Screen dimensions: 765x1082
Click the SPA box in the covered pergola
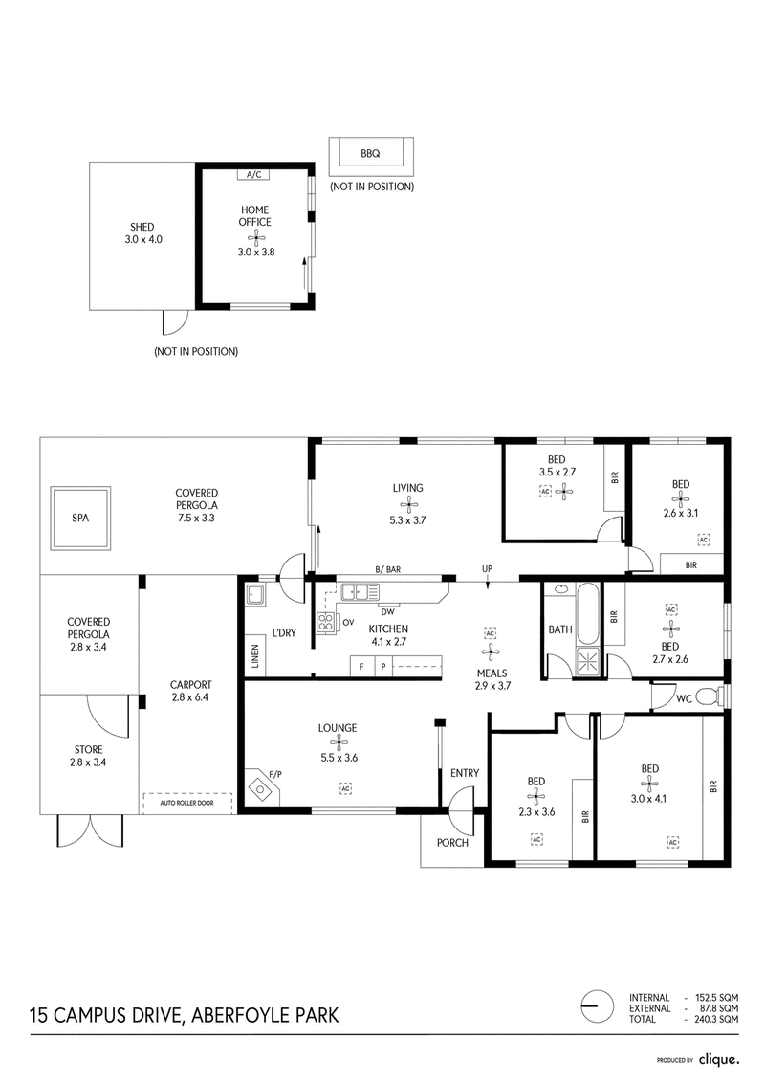pos(80,518)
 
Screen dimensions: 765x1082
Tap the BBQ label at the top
pos(370,154)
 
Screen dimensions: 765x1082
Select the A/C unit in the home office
pos(253,174)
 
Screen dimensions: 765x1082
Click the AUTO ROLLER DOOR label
pos(186,803)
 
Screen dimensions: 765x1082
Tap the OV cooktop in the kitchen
pos(325,623)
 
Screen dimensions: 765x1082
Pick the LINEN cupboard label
pos(255,657)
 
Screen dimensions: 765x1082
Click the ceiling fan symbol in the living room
pos(408,504)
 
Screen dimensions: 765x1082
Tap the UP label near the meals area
pos(487,569)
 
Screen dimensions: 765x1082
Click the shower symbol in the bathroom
pos(588,662)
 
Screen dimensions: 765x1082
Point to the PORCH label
pos(452,843)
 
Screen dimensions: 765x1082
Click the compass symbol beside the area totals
pos(598,1006)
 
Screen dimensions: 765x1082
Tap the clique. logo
pos(719,1058)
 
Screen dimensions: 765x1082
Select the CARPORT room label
pos(191,685)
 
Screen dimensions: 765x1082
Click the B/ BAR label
pos(387,569)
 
